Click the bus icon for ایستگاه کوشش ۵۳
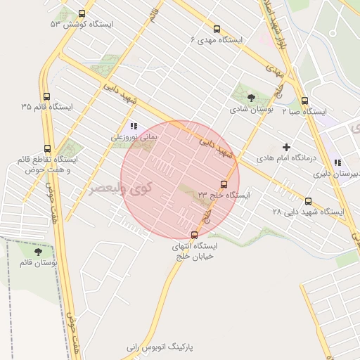[82, 13]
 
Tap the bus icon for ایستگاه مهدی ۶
[217, 30]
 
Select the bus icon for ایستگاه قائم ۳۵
[47, 97]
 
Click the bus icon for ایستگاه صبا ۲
[304, 101]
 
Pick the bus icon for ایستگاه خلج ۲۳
[224, 184]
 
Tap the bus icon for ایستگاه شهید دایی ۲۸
[309, 200]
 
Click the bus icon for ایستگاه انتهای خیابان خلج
[195, 235]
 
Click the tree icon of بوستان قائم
[38, 251]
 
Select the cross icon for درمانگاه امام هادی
[286, 148]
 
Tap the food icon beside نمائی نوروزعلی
[134, 127]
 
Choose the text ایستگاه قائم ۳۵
[48, 108]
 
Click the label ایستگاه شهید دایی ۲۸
[308, 211]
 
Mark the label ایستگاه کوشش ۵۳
[82, 24]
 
